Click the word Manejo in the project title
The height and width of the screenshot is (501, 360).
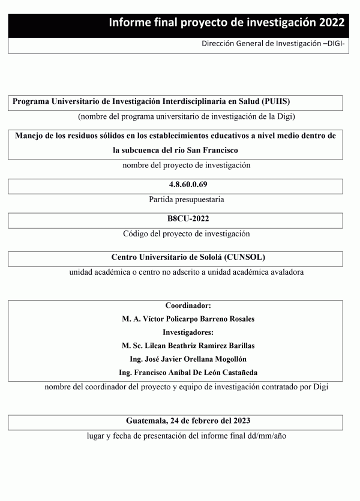[29, 136]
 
